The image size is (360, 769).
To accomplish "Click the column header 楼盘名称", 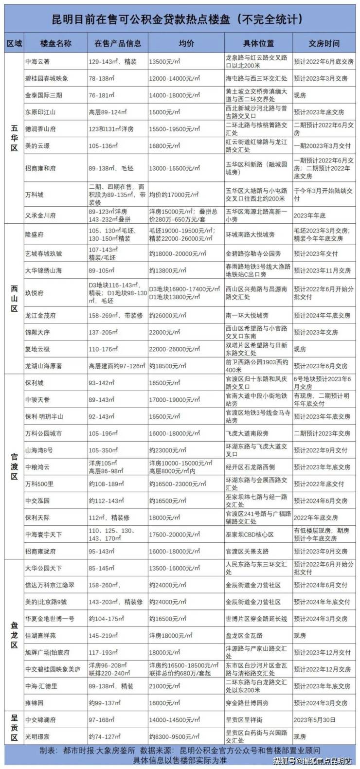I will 56,43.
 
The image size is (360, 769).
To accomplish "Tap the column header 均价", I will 185,43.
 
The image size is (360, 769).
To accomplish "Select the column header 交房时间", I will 324,43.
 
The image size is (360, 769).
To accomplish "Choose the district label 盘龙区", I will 14,635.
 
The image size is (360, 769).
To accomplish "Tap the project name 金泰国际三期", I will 42,95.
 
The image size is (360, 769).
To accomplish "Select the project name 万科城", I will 34,195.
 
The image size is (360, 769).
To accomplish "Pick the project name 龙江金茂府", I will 40,315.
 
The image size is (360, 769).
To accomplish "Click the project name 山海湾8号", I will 39,450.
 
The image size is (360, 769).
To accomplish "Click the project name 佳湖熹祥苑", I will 40,636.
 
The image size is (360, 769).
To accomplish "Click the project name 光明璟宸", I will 37,736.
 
